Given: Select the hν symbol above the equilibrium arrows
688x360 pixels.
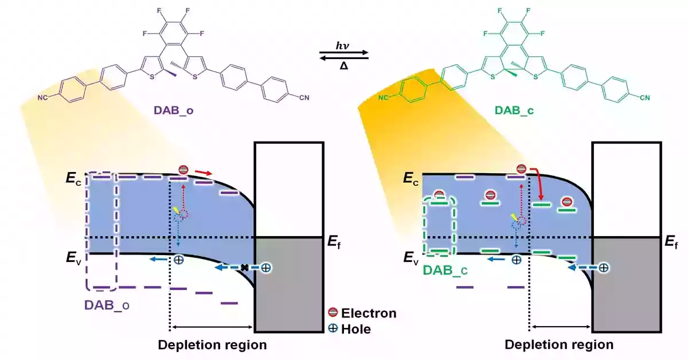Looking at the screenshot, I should coord(342,45).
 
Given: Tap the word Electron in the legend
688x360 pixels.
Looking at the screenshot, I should coord(369,313).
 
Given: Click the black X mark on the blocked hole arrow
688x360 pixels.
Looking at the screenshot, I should coord(244,267).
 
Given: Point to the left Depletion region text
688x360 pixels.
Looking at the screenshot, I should coord(212,346).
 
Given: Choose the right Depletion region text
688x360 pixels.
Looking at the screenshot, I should coord(559,346).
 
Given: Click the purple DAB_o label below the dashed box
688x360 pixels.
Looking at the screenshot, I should coord(107,305).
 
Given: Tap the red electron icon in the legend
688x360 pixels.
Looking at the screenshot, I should coord(333,313).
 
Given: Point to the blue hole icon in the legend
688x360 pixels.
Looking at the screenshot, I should coord(333,329).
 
